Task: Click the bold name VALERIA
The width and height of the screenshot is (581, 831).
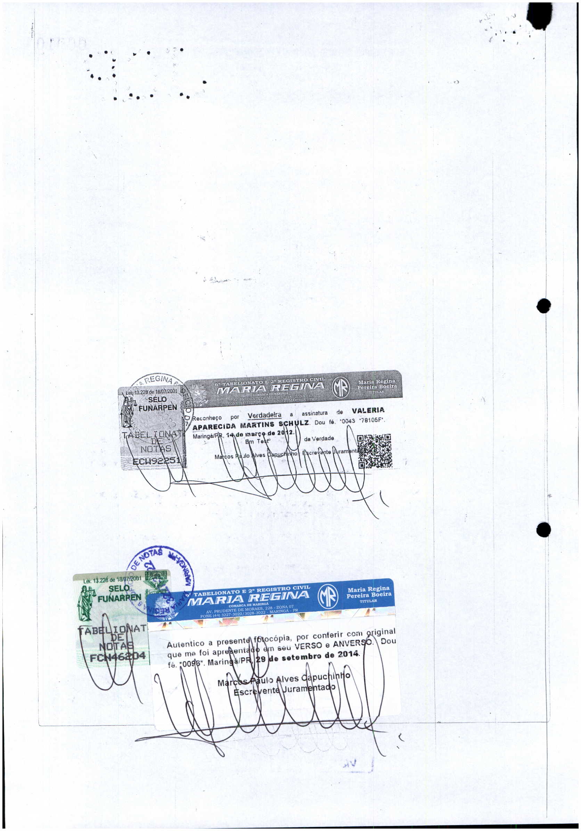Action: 368,410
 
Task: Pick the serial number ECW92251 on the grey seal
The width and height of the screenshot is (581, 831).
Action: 156,461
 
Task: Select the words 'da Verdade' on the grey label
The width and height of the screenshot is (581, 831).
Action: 319,439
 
